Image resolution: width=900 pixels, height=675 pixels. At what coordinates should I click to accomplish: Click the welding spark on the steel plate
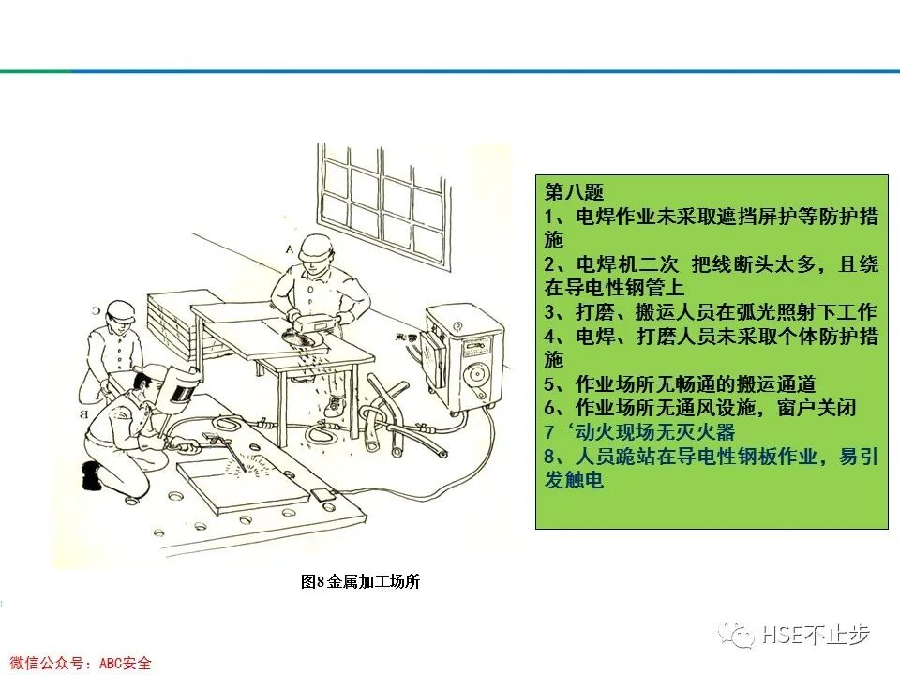(x=251, y=461)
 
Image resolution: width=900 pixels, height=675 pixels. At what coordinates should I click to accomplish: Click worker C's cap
(x=120, y=310)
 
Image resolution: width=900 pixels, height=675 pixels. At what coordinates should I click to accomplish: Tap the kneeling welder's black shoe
(x=91, y=475)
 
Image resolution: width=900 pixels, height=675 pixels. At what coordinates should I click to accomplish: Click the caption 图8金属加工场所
(x=360, y=582)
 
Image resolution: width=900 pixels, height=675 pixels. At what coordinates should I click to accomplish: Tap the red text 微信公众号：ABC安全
(x=75, y=663)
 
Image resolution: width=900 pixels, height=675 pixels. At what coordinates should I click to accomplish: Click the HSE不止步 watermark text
(x=816, y=635)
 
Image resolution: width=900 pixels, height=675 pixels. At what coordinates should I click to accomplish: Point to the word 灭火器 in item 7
(x=709, y=432)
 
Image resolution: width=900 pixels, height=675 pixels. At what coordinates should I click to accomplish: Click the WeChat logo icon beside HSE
(x=738, y=635)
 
